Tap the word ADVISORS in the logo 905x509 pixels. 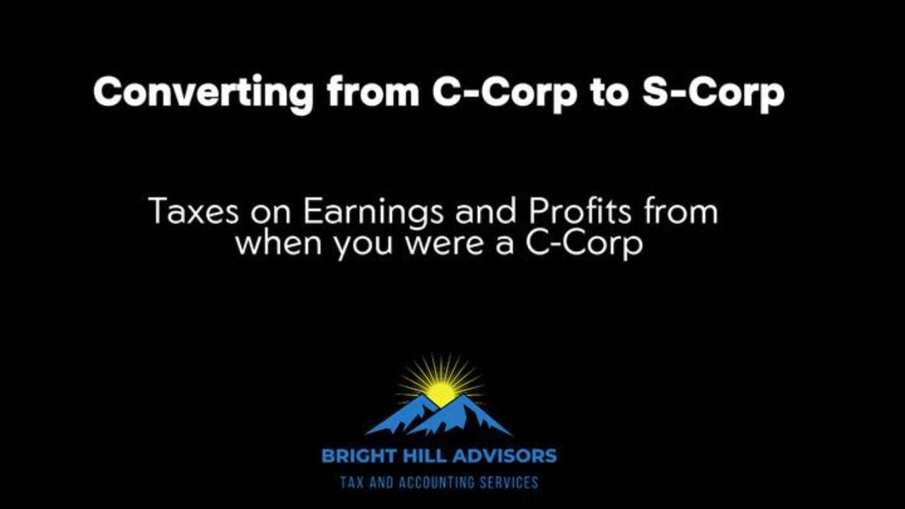tap(506, 456)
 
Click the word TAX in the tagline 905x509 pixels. tap(352, 483)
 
